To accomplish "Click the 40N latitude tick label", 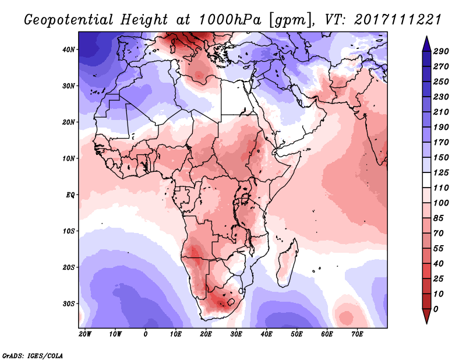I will (69, 49).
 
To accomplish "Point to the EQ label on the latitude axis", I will (70, 195).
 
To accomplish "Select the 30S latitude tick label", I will (69, 303).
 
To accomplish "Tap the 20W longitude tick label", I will (84, 334).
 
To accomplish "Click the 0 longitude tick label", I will (146, 334).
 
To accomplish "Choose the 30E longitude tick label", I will (236, 334).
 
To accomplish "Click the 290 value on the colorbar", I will (440, 52).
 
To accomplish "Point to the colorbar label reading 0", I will (436, 308).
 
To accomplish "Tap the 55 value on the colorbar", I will (439, 247).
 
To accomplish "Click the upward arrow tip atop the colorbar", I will (426, 38).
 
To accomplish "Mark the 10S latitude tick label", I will (69, 231).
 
